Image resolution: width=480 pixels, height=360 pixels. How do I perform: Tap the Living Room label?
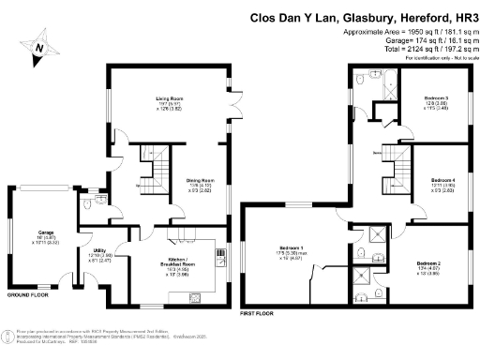[169, 97]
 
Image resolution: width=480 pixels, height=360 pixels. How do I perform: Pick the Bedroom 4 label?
[442, 178]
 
